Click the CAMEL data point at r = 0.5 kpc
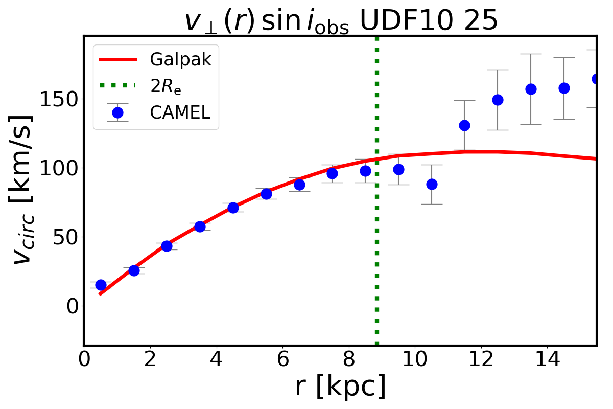(x=101, y=285)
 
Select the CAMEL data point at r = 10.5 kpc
(x=432, y=184)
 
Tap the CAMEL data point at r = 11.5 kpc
(x=464, y=125)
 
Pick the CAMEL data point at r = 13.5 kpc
(x=531, y=89)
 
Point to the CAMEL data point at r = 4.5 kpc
(x=233, y=208)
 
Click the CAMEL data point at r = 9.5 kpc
(x=398, y=169)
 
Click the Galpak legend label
(x=180, y=60)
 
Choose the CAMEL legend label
(x=180, y=113)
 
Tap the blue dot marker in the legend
(x=117, y=112)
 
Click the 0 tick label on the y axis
(x=70, y=306)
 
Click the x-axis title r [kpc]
(x=340, y=387)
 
